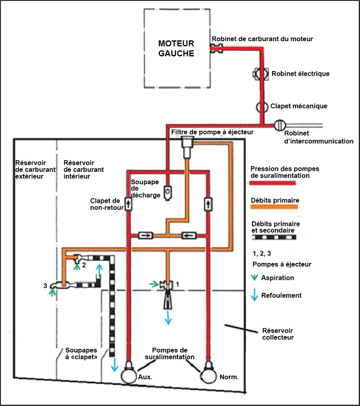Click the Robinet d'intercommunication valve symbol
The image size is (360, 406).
pos(280,125)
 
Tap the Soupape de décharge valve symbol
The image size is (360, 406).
pos(168,192)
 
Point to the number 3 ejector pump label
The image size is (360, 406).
pos(45,285)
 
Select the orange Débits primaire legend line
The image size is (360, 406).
pos(274,207)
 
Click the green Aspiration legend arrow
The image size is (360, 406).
pos(255,278)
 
